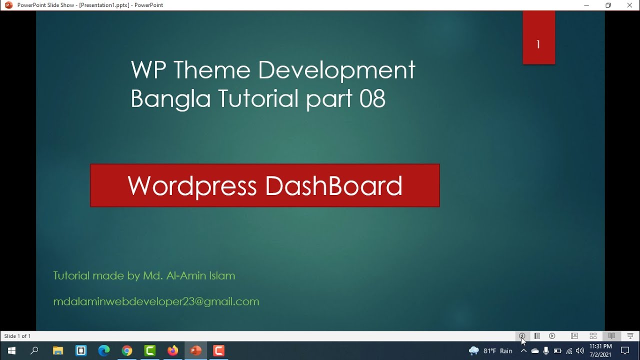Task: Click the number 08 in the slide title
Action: click(372, 98)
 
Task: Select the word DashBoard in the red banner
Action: click(333, 185)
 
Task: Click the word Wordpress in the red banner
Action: click(192, 185)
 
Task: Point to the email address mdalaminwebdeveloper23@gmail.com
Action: click(156, 301)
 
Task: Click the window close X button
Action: click(629, 5)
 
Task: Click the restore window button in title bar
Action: click(608, 5)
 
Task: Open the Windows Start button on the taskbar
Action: click(11, 350)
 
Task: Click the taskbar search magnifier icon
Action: click(34, 350)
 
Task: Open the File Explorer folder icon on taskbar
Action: click(57, 350)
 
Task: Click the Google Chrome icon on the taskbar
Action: click(127, 350)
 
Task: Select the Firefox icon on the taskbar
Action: click(173, 350)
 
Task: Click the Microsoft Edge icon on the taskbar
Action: click(104, 350)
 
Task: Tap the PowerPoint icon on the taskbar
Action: click(196, 350)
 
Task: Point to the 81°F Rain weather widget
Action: click(491, 351)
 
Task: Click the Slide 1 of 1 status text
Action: click(17, 336)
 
